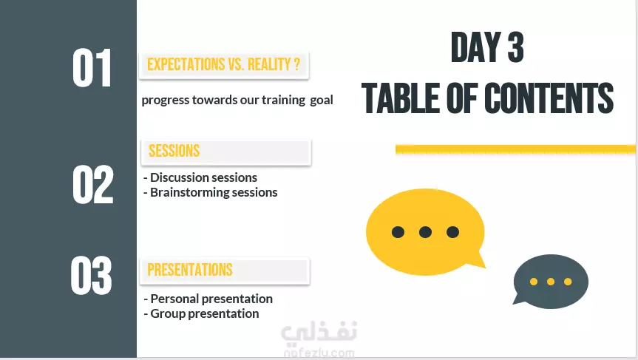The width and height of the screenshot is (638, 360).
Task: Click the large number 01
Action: (x=92, y=67)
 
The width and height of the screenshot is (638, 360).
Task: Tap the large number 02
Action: (x=92, y=184)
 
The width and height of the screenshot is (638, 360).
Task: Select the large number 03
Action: (x=91, y=276)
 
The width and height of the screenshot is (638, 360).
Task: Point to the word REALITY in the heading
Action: (x=269, y=64)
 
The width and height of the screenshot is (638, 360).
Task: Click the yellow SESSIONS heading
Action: (x=174, y=151)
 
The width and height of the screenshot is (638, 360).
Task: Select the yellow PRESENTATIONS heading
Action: (x=190, y=270)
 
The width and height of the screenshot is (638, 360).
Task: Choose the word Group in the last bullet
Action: (x=168, y=313)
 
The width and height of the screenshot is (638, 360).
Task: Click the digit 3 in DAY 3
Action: (x=516, y=47)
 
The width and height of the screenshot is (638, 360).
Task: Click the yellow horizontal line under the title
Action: (x=515, y=149)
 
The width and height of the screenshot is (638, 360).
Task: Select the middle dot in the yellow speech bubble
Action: (x=425, y=232)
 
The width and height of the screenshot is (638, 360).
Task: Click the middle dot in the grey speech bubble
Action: (x=551, y=282)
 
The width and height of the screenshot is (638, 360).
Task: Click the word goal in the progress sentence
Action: (x=322, y=101)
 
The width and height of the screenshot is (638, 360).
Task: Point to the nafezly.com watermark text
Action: (x=319, y=353)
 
